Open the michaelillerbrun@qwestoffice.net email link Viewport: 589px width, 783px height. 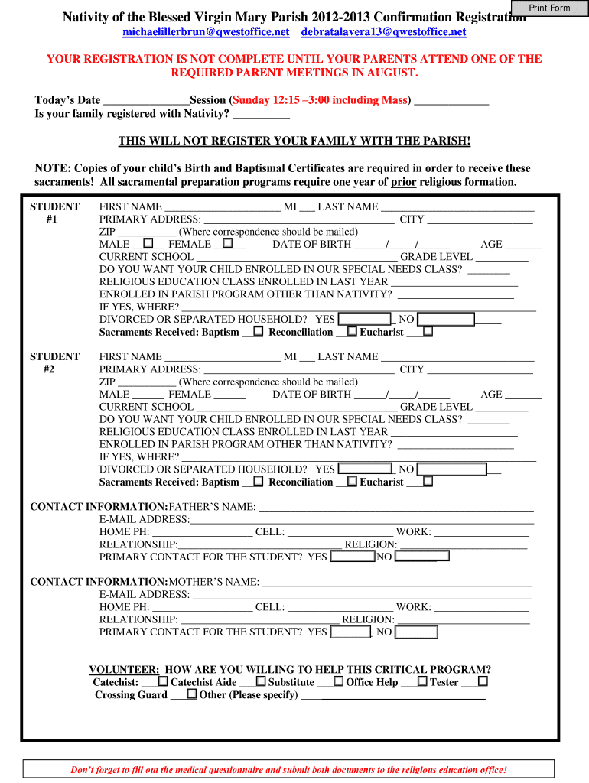tap(207, 31)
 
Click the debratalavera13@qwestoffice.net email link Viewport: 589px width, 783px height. tap(383, 31)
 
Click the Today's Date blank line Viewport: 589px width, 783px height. tap(145, 101)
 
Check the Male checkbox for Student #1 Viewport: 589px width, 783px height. tap(148, 243)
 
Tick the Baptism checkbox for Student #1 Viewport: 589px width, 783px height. tap(258, 331)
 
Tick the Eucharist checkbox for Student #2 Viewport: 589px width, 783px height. tap(428, 481)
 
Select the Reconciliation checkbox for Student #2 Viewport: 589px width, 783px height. tap(352, 481)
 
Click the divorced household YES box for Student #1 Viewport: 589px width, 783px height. tap(365, 319)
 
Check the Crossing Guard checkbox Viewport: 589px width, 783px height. tap(191, 694)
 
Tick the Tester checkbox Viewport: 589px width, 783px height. tap(483, 681)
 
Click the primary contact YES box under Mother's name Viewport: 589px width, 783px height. tap(350, 632)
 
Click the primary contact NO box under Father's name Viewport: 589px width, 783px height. tap(421, 557)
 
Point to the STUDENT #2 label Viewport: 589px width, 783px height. tap(54, 362)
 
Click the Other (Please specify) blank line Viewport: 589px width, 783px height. tap(393, 694)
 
